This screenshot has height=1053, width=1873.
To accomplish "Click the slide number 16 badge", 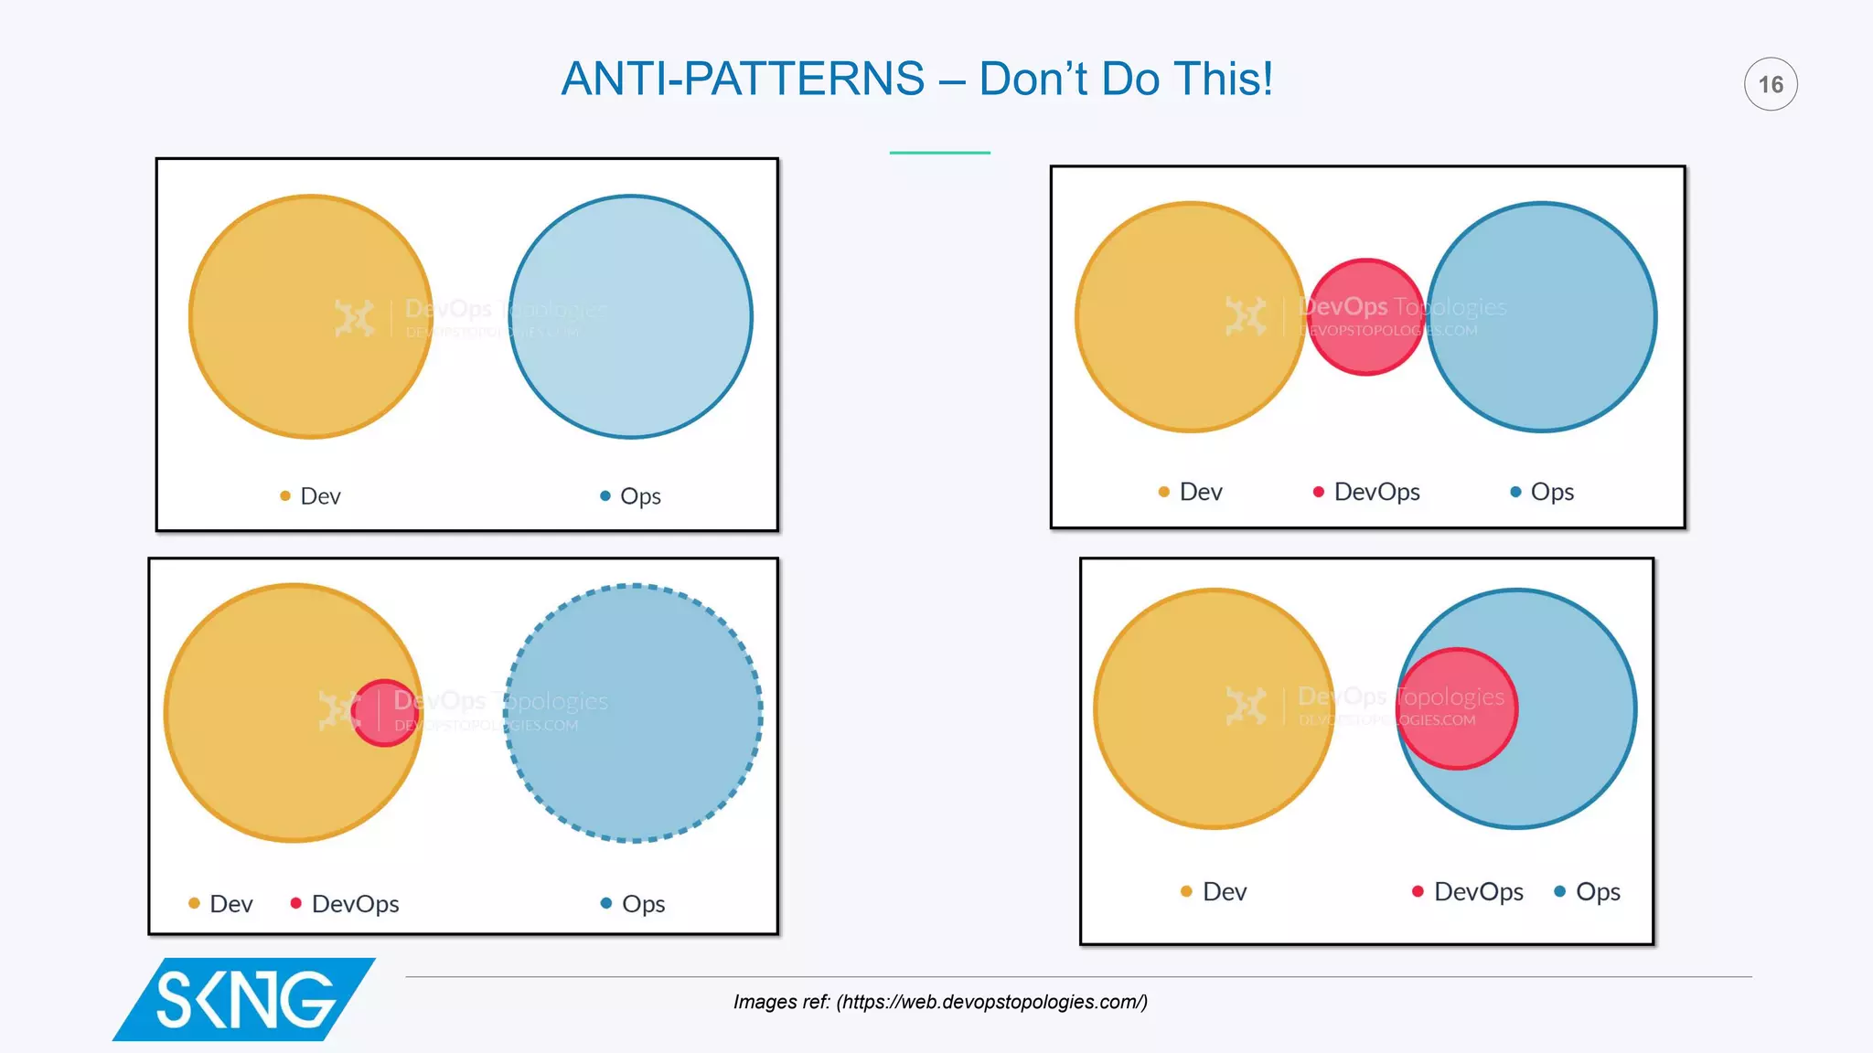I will pyautogui.click(x=1771, y=84).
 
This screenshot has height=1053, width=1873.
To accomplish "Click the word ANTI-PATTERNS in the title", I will pyautogui.click(x=743, y=79).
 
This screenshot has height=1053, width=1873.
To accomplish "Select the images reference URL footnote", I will pyautogui.click(x=940, y=1002).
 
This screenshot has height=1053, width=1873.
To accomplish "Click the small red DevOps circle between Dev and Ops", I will pyautogui.click(x=1366, y=317).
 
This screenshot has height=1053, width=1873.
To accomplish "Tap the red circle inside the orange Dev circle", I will pyautogui.click(x=384, y=713).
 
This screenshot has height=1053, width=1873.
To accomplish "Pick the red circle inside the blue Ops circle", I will pyautogui.click(x=1456, y=709).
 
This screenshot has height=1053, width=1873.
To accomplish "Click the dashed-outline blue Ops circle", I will pyautogui.click(x=633, y=713).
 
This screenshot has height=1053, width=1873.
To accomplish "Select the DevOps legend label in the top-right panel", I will pyautogui.click(x=1376, y=492).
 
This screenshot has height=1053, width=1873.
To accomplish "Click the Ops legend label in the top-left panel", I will pyautogui.click(x=640, y=496).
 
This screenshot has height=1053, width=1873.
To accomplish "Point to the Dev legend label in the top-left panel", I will pyautogui.click(x=320, y=496).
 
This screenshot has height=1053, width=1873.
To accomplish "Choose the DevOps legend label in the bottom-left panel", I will pyautogui.click(x=355, y=904).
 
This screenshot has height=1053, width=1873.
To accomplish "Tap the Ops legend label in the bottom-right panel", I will pyautogui.click(x=1598, y=892).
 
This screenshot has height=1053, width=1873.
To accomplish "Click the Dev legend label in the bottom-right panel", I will pyautogui.click(x=1225, y=892).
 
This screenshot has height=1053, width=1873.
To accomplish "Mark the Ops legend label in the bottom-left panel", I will pyautogui.click(x=643, y=904).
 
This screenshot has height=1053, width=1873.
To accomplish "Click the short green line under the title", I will pyautogui.click(x=939, y=153).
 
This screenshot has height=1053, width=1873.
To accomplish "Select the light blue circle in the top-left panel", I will pyautogui.click(x=631, y=317).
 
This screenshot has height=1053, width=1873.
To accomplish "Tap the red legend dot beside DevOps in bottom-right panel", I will pyautogui.click(x=1418, y=891).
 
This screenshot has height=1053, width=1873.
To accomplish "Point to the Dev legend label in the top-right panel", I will pyautogui.click(x=1201, y=492).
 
